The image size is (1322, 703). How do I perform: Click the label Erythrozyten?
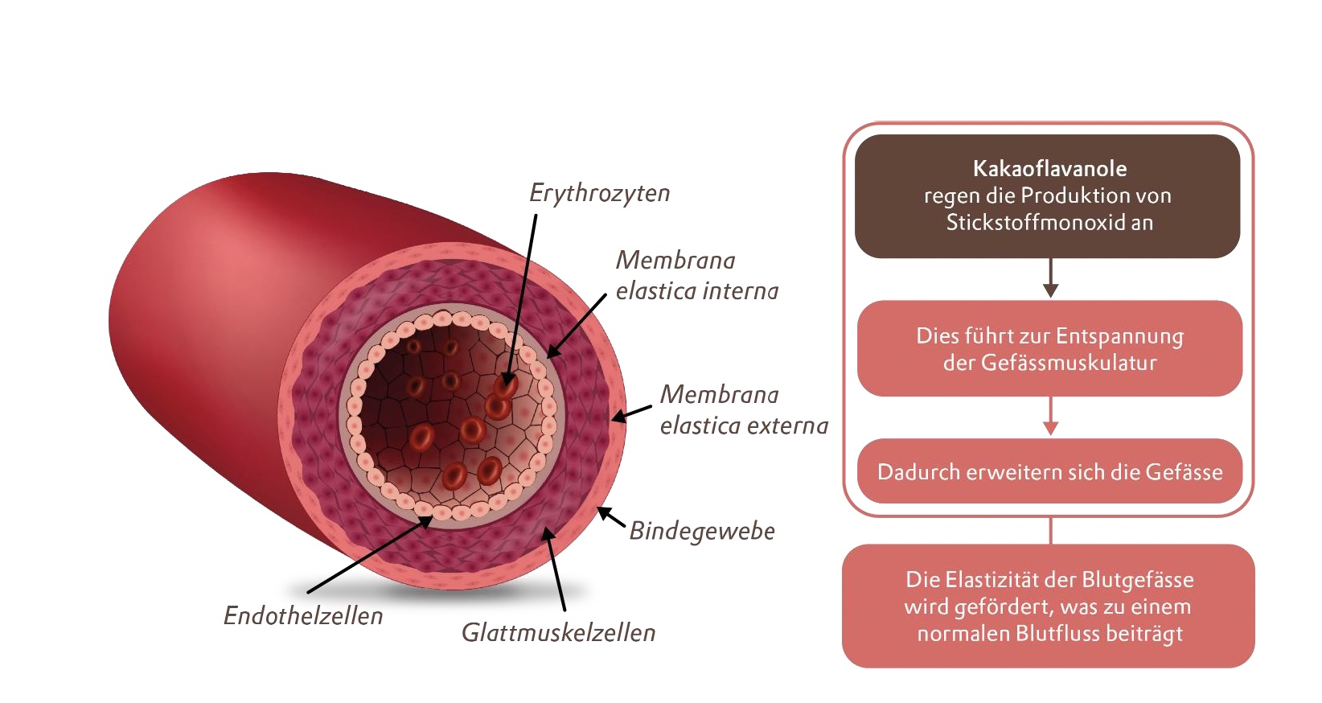click(x=599, y=194)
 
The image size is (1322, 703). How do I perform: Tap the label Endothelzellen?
click(x=303, y=616)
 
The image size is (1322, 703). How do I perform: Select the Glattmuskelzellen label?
click(x=558, y=633)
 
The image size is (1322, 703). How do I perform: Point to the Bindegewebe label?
click(x=701, y=532)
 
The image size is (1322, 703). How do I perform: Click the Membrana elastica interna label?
click(x=696, y=276)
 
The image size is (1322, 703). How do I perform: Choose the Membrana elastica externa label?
click(x=743, y=410)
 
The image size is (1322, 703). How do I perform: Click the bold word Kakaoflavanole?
click(x=1049, y=169)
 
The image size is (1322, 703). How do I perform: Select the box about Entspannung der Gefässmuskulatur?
click(x=1049, y=349)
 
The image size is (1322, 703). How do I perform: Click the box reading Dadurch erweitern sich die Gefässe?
click(x=1049, y=472)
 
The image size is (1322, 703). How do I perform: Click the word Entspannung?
click(x=1119, y=336)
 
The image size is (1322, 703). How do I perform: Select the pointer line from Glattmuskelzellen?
click(x=556, y=571)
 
